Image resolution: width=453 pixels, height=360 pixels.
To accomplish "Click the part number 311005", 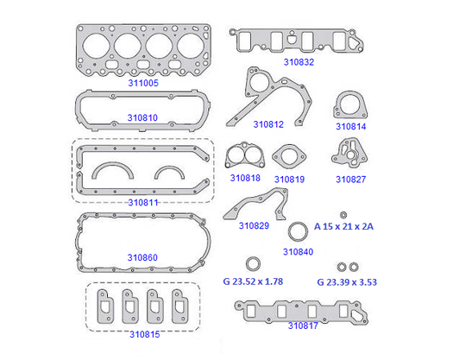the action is [143, 83].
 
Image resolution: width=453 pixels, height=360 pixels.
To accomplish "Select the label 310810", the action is [142, 117].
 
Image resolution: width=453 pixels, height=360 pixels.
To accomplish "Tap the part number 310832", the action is [299, 62].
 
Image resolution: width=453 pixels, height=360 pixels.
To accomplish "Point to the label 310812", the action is [268, 124].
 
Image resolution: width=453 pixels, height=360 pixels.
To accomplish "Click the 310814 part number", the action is [350, 126].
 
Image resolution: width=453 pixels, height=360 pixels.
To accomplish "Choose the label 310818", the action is [245, 178].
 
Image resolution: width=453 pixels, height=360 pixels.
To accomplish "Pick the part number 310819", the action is [289, 180].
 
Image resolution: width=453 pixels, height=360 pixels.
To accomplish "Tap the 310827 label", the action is [350, 180].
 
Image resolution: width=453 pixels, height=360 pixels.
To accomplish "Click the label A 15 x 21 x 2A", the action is [343, 226].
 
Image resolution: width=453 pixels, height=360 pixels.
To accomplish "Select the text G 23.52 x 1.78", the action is [253, 281].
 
